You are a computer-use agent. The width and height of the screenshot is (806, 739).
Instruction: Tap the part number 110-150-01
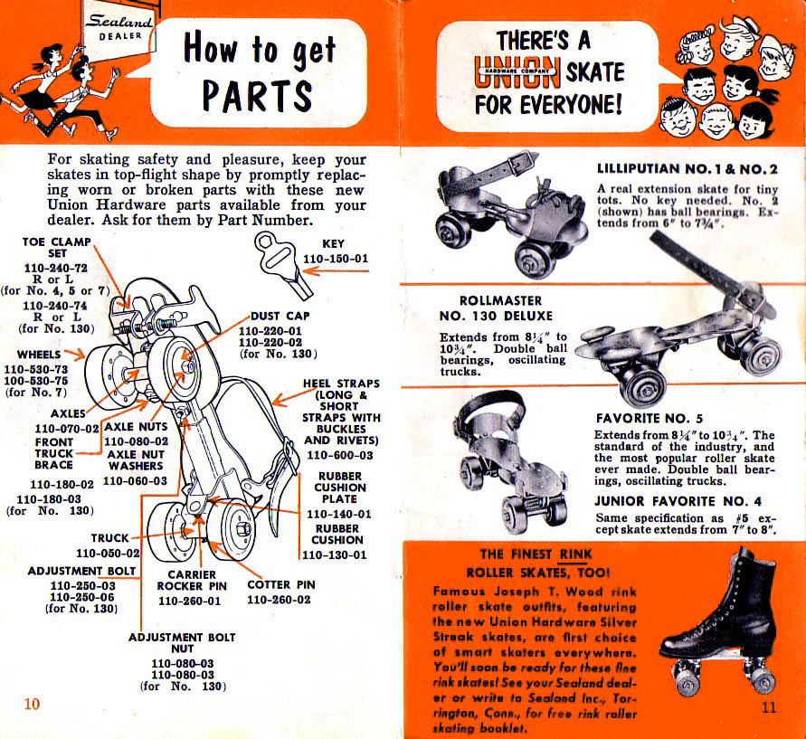(336, 260)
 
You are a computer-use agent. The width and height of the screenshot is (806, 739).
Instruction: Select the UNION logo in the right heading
(516, 71)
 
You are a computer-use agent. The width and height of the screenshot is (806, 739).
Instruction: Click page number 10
(32, 706)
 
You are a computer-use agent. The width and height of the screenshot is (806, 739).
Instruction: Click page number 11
(768, 707)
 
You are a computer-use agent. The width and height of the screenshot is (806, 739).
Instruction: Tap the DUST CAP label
(281, 317)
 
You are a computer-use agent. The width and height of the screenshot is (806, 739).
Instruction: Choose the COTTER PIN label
(281, 584)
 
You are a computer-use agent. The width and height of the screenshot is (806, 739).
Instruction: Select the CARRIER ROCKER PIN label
(189, 580)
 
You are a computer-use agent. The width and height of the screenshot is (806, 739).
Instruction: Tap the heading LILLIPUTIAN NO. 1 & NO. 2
(687, 168)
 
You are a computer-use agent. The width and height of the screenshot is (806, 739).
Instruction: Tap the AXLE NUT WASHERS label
(135, 460)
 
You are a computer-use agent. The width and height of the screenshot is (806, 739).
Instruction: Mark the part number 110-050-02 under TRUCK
(108, 553)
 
